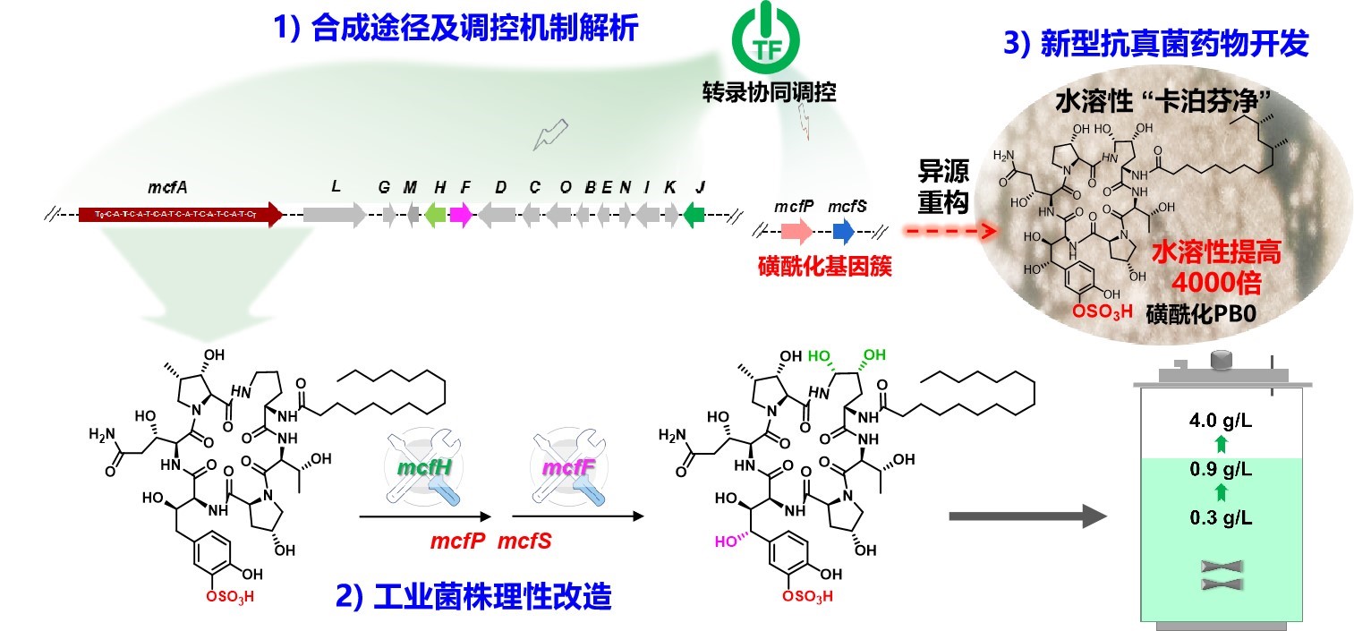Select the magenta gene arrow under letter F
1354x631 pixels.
(461, 214)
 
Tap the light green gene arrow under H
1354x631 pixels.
(435, 214)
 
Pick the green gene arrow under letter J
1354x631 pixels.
(694, 214)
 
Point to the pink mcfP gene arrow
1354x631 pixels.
(796, 233)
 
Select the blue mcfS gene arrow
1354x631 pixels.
(843, 233)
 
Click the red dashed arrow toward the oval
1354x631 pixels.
(950, 232)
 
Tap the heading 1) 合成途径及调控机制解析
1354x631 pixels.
(456, 29)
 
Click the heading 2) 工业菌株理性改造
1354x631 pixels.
(473, 596)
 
